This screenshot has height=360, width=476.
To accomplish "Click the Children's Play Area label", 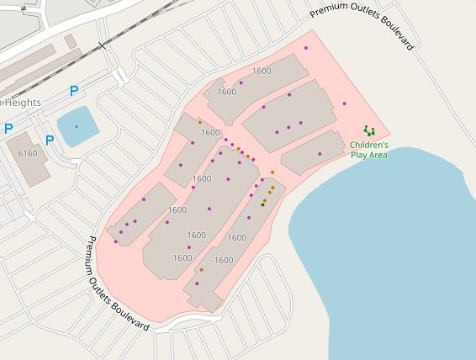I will pos(368,150).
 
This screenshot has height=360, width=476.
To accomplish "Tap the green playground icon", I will pos(368,130).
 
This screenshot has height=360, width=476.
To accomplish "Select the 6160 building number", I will pos(28,154).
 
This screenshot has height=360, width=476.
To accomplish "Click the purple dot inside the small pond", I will pos(76,126).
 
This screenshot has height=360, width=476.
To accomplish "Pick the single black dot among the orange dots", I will pos(262,204).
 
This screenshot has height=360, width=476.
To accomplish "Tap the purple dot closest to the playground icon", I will pos(345,103).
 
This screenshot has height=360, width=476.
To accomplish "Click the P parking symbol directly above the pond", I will pos(74,91).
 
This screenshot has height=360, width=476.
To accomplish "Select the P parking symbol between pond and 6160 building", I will pos(50,140).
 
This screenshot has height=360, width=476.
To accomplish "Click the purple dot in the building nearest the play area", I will pos(320,154).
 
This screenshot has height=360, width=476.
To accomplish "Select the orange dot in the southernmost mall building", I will pos(201,270).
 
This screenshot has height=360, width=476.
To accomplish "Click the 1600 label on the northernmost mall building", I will pos(262,71).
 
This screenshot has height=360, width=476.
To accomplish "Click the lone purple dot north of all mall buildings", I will pos(306,48).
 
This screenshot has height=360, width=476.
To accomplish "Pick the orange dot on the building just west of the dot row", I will pos(200,122).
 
